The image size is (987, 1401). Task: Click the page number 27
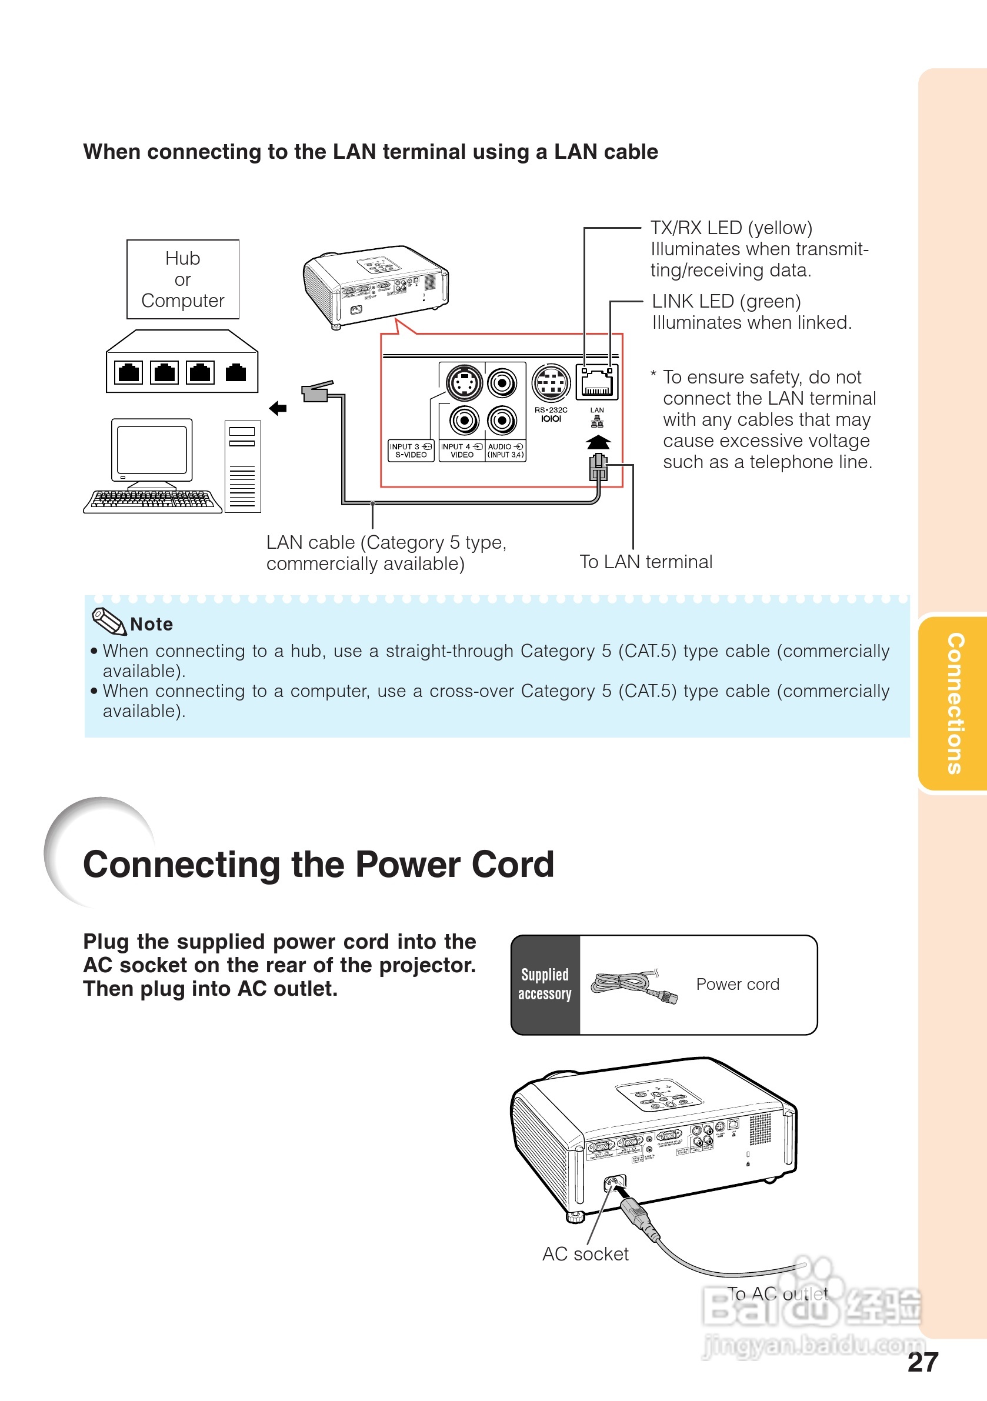point(922,1362)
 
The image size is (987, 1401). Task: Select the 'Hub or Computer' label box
point(182,279)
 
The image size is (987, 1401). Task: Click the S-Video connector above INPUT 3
point(464,383)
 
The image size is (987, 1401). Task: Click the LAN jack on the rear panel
point(597,382)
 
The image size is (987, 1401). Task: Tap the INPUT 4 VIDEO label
point(462,451)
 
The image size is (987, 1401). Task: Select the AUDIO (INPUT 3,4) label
point(505,451)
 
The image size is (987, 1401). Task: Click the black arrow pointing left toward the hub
point(278,408)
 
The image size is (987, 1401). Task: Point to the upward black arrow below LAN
point(598,442)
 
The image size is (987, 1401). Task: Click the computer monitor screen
point(151,451)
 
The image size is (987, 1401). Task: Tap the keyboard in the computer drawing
point(152,501)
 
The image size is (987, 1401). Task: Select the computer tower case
point(242,467)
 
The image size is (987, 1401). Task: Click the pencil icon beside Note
point(108,621)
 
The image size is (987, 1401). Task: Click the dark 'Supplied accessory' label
point(545,984)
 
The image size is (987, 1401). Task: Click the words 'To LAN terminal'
point(646,561)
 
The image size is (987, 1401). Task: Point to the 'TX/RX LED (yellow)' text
point(731,228)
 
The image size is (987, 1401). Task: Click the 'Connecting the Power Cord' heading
point(319,865)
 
